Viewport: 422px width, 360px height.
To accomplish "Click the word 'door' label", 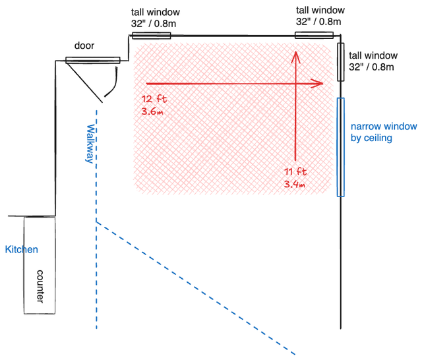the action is tap(84, 45).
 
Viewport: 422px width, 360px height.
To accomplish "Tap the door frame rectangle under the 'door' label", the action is tap(93, 60).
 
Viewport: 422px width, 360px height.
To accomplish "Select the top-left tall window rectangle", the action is tap(151, 36).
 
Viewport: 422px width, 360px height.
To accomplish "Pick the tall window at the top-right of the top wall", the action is tap(314, 35).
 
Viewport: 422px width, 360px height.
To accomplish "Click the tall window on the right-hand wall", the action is tap(341, 62).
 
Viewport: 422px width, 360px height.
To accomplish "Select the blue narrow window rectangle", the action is tap(341, 147).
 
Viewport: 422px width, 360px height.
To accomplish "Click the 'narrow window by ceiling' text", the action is tap(384, 132).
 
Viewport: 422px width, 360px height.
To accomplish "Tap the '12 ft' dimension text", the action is tap(154, 99).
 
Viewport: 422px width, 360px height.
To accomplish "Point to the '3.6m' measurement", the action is tap(152, 111).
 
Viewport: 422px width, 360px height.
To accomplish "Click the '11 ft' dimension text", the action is tap(295, 171).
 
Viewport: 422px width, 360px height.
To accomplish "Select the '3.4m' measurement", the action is tap(295, 185).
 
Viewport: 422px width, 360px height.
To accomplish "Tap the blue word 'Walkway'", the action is tap(90, 144).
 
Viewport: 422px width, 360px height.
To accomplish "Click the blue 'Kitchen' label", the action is tap(22, 249).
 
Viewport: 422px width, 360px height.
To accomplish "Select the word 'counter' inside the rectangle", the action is tap(40, 287).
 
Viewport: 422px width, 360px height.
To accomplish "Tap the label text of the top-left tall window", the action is tap(156, 18).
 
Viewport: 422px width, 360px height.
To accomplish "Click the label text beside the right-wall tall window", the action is tap(373, 61).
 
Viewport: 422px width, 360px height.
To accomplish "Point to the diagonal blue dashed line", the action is tap(196, 288).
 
